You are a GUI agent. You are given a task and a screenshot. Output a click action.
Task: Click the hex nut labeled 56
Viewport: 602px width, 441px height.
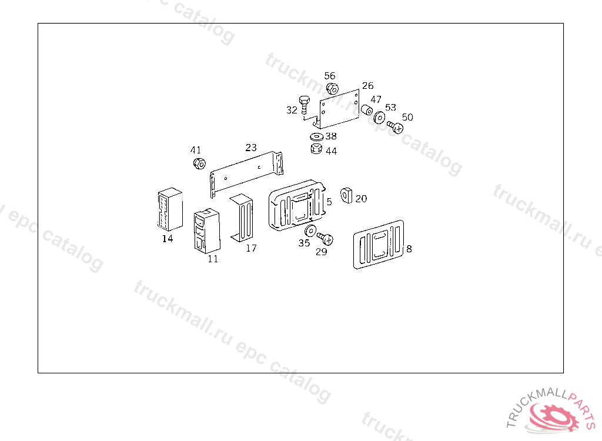click(331, 89)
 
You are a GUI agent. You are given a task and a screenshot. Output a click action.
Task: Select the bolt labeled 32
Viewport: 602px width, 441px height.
click(304, 106)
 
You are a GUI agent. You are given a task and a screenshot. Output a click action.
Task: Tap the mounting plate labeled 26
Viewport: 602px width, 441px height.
click(340, 109)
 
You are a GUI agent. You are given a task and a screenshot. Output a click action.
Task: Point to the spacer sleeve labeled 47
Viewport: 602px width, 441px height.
click(366, 110)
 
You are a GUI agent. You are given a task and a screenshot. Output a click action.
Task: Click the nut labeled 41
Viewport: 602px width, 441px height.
click(199, 163)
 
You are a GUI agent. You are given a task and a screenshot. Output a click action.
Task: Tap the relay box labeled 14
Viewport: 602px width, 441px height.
click(168, 210)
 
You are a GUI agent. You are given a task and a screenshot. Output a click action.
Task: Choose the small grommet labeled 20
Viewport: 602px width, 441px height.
click(347, 193)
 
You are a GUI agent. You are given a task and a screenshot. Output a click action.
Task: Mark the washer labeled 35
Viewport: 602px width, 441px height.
click(310, 230)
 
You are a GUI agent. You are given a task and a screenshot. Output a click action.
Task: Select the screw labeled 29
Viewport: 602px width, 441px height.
click(325, 238)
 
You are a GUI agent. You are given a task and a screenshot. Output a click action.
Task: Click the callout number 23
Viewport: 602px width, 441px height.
click(251, 148)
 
